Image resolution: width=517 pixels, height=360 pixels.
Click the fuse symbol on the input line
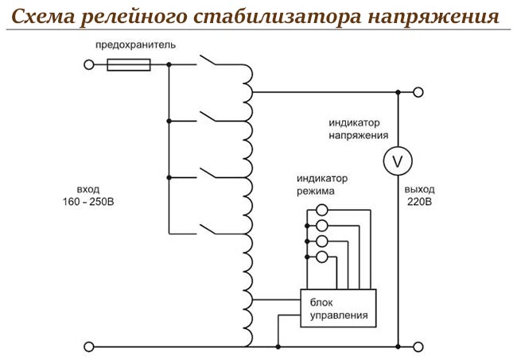pyautogui.click(x=129, y=66)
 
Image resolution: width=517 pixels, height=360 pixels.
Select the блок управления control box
pyautogui.click(x=338, y=308)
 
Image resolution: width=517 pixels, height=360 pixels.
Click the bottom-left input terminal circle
pyautogui.click(x=89, y=346)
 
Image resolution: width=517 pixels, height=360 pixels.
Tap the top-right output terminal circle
pyautogui.click(x=419, y=93)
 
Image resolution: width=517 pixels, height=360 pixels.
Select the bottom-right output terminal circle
pyautogui.click(x=419, y=346)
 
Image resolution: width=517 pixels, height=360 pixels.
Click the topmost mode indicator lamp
pyautogui.click(x=322, y=211)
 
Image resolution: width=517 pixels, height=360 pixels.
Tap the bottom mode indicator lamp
pyautogui.click(x=322, y=256)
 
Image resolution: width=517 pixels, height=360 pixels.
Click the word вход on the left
pyautogui.click(x=88, y=190)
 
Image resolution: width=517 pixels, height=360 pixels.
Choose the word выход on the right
pyautogui.click(x=418, y=190)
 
